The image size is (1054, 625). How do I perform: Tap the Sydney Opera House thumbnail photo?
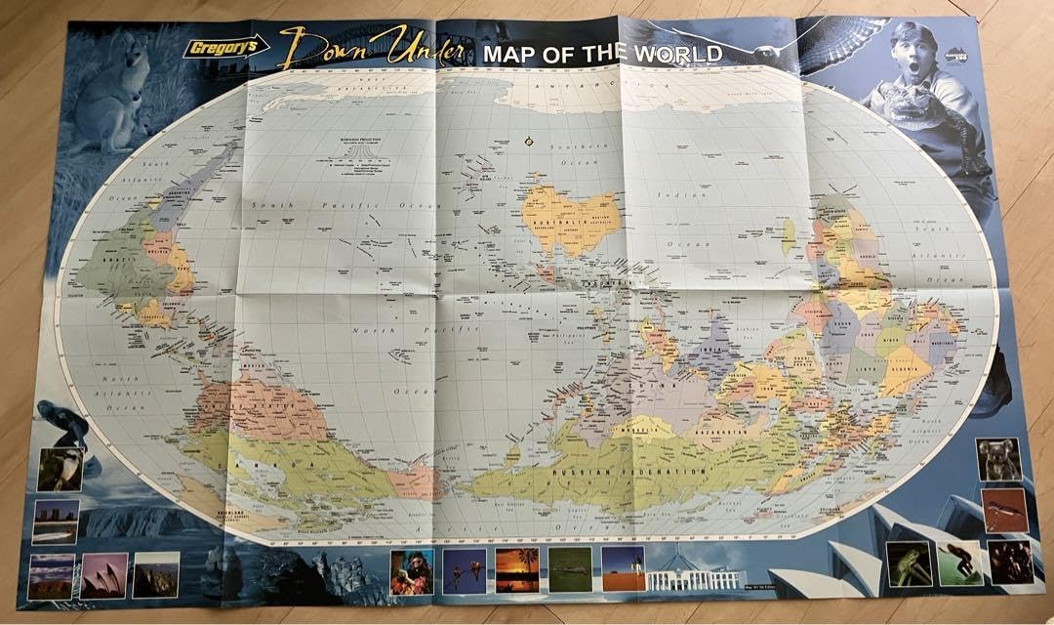tap(104, 576)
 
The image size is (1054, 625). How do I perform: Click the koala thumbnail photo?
tap(998, 459)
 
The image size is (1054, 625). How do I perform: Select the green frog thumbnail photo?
tap(908, 563)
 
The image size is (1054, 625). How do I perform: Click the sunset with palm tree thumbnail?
tap(516, 569)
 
